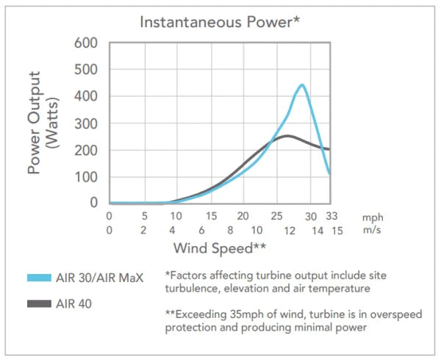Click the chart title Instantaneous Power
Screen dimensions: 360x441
(220, 21)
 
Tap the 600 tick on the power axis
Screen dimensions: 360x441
(87, 43)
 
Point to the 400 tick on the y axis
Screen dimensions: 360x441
(87, 96)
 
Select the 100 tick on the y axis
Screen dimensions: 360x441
(87, 176)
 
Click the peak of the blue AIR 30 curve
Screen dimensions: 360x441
(301, 85)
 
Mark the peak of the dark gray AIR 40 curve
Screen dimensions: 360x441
(287, 136)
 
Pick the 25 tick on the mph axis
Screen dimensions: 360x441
(276, 217)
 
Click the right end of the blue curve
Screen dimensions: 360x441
(330, 175)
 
